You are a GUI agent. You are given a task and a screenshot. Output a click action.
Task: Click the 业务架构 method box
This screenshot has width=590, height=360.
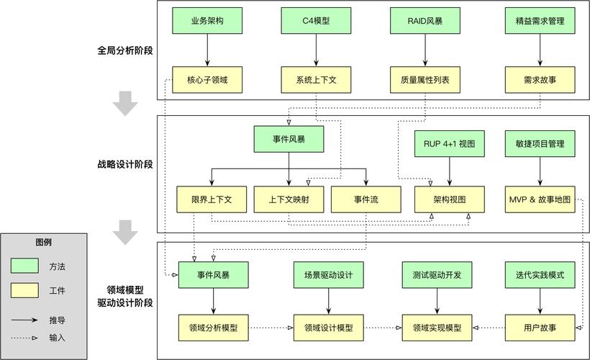click(x=207, y=21)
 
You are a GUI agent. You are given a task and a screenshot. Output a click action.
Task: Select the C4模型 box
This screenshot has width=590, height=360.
click(x=316, y=21)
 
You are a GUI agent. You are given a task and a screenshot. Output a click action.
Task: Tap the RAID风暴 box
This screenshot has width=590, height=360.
click(x=425, y=21)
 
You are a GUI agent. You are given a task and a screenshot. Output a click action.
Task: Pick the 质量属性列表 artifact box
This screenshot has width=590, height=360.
click(x=425, y=80)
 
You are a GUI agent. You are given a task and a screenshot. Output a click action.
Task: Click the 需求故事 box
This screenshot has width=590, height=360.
click(x=540, y=80)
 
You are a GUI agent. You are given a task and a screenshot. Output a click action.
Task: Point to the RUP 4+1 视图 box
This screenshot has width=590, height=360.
click(x=450, y=143)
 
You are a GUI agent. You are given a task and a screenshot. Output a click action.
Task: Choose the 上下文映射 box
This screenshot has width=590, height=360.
click(x=289, y=199)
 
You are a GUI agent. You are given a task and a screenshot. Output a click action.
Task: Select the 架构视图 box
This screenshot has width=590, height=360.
click(x=450, y=199)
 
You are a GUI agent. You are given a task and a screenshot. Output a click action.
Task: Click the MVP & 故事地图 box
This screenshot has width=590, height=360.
click(x=540, y=199)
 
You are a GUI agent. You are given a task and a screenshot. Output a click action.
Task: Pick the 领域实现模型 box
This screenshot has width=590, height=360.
click(x=437, y=328)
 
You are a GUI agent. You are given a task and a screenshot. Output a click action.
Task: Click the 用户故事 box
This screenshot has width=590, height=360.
click(x=540, y=328)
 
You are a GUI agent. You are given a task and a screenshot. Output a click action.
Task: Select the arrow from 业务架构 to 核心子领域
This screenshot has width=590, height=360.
click(x=207, y=50)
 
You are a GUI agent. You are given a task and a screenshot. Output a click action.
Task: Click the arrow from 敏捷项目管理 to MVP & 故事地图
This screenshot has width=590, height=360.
click(x=540, y=171)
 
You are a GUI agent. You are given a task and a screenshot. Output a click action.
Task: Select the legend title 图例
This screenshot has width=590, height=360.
click(x=43, y=242)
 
